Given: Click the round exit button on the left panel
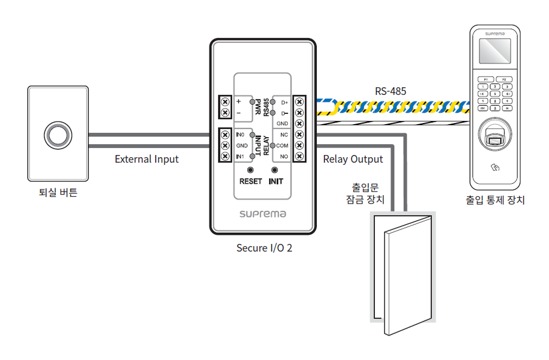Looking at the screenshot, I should coord(58,133).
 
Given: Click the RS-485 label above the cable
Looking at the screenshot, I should coord(391,91).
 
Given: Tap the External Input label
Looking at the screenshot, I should coord(146,159).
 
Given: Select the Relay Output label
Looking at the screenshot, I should coord(353,159).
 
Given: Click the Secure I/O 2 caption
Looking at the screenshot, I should coord(264,248).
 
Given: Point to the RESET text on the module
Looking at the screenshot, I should coord(251,181).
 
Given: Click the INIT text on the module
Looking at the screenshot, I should coord(276,181).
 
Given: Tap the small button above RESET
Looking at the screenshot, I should coord(251,170).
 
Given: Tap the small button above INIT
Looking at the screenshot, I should coord(275,170).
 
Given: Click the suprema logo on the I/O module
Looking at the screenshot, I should coord(263,214).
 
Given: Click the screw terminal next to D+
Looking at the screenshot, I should coord(299,102).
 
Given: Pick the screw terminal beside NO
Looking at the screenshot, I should coord(299,157).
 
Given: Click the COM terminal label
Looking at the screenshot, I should coord(282,146).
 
